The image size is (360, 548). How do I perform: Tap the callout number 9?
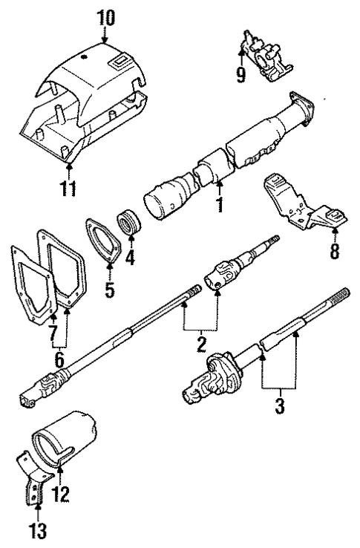click(x=241, y=76)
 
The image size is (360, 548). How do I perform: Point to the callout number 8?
click(x=334, y=252)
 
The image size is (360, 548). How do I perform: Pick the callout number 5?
click(x=109, y=287)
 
